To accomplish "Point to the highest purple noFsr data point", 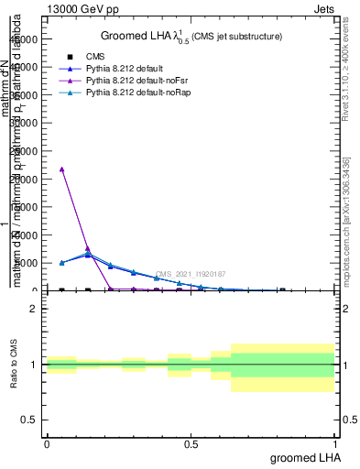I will point(61,169).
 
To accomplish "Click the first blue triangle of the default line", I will point(61,263).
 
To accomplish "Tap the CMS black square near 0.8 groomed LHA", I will point(282,290).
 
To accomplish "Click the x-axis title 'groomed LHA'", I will point(306,457).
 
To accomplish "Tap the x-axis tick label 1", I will point(337,444).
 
